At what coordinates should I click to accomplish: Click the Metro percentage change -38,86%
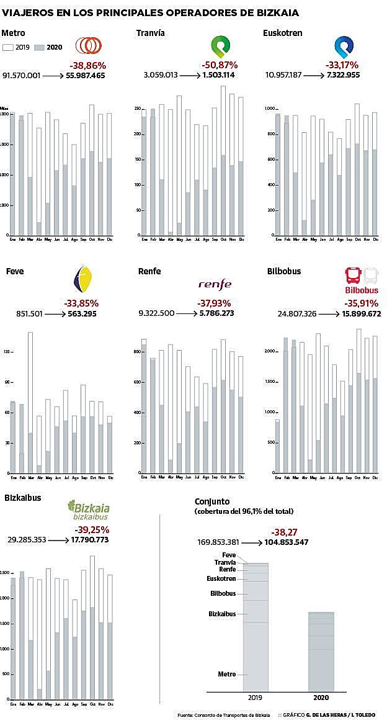87,65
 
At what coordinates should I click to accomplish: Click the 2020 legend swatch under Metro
38,48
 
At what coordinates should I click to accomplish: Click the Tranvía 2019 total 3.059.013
161,75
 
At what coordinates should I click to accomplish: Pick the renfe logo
215,284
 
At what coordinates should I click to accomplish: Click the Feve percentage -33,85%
81,303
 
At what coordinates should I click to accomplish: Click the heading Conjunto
212,501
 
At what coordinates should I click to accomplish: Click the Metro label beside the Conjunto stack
227,674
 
